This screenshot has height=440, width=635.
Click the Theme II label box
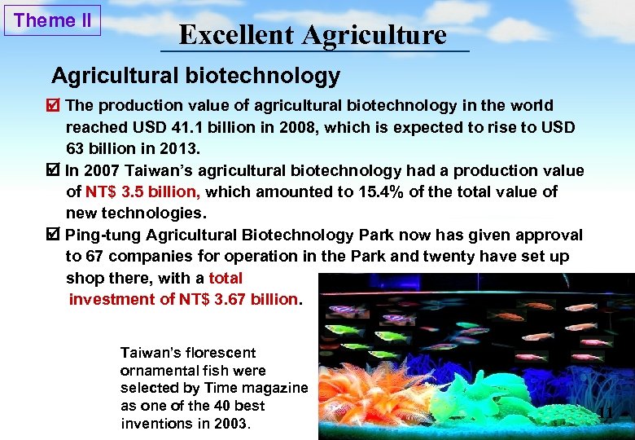[53, 20]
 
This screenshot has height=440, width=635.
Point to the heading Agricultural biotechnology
[195, 77]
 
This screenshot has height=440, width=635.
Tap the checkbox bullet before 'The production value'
[55, 106]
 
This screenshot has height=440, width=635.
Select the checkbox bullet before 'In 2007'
[55, 171]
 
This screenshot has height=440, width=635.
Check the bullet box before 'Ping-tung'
[55, 235]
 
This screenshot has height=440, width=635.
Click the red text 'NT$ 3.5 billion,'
[143, 192]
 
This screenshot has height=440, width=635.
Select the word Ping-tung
[103, 235]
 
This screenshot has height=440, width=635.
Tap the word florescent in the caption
[218, 353]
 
